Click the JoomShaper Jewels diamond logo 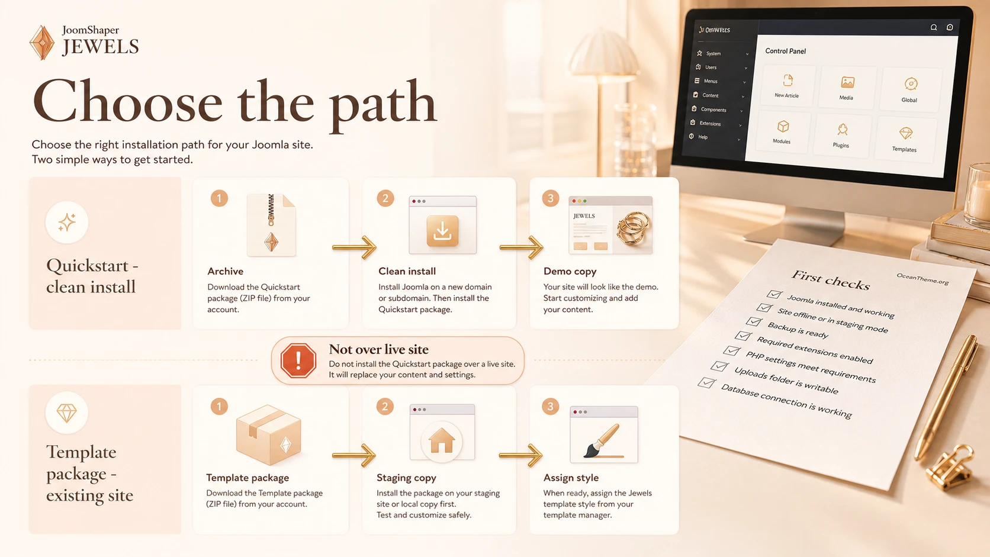[x=42, y=43]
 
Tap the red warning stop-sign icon [x=298, y=360]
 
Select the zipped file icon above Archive [x=271, y=225]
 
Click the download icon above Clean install [x=442, y=231]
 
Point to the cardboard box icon [x=269, y=434]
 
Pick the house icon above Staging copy [x=442, y=441]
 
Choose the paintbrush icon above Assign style [x=602, y=441]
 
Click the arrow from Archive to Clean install [x=354, y=247]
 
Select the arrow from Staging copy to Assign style [x=520, y=455]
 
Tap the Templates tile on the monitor [x=905, y=139]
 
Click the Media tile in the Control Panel [x=847, y=86]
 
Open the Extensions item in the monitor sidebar [x=710, y=123]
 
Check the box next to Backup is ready [x=754, y=321]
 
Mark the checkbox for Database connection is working [x=706, y=382]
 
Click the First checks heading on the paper [x=831, y=281]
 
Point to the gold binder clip [x=949, y=468]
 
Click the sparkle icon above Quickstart [x=67, y=222]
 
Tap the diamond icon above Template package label [x=67, y=413]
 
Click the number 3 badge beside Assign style [x=551, y=407]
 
